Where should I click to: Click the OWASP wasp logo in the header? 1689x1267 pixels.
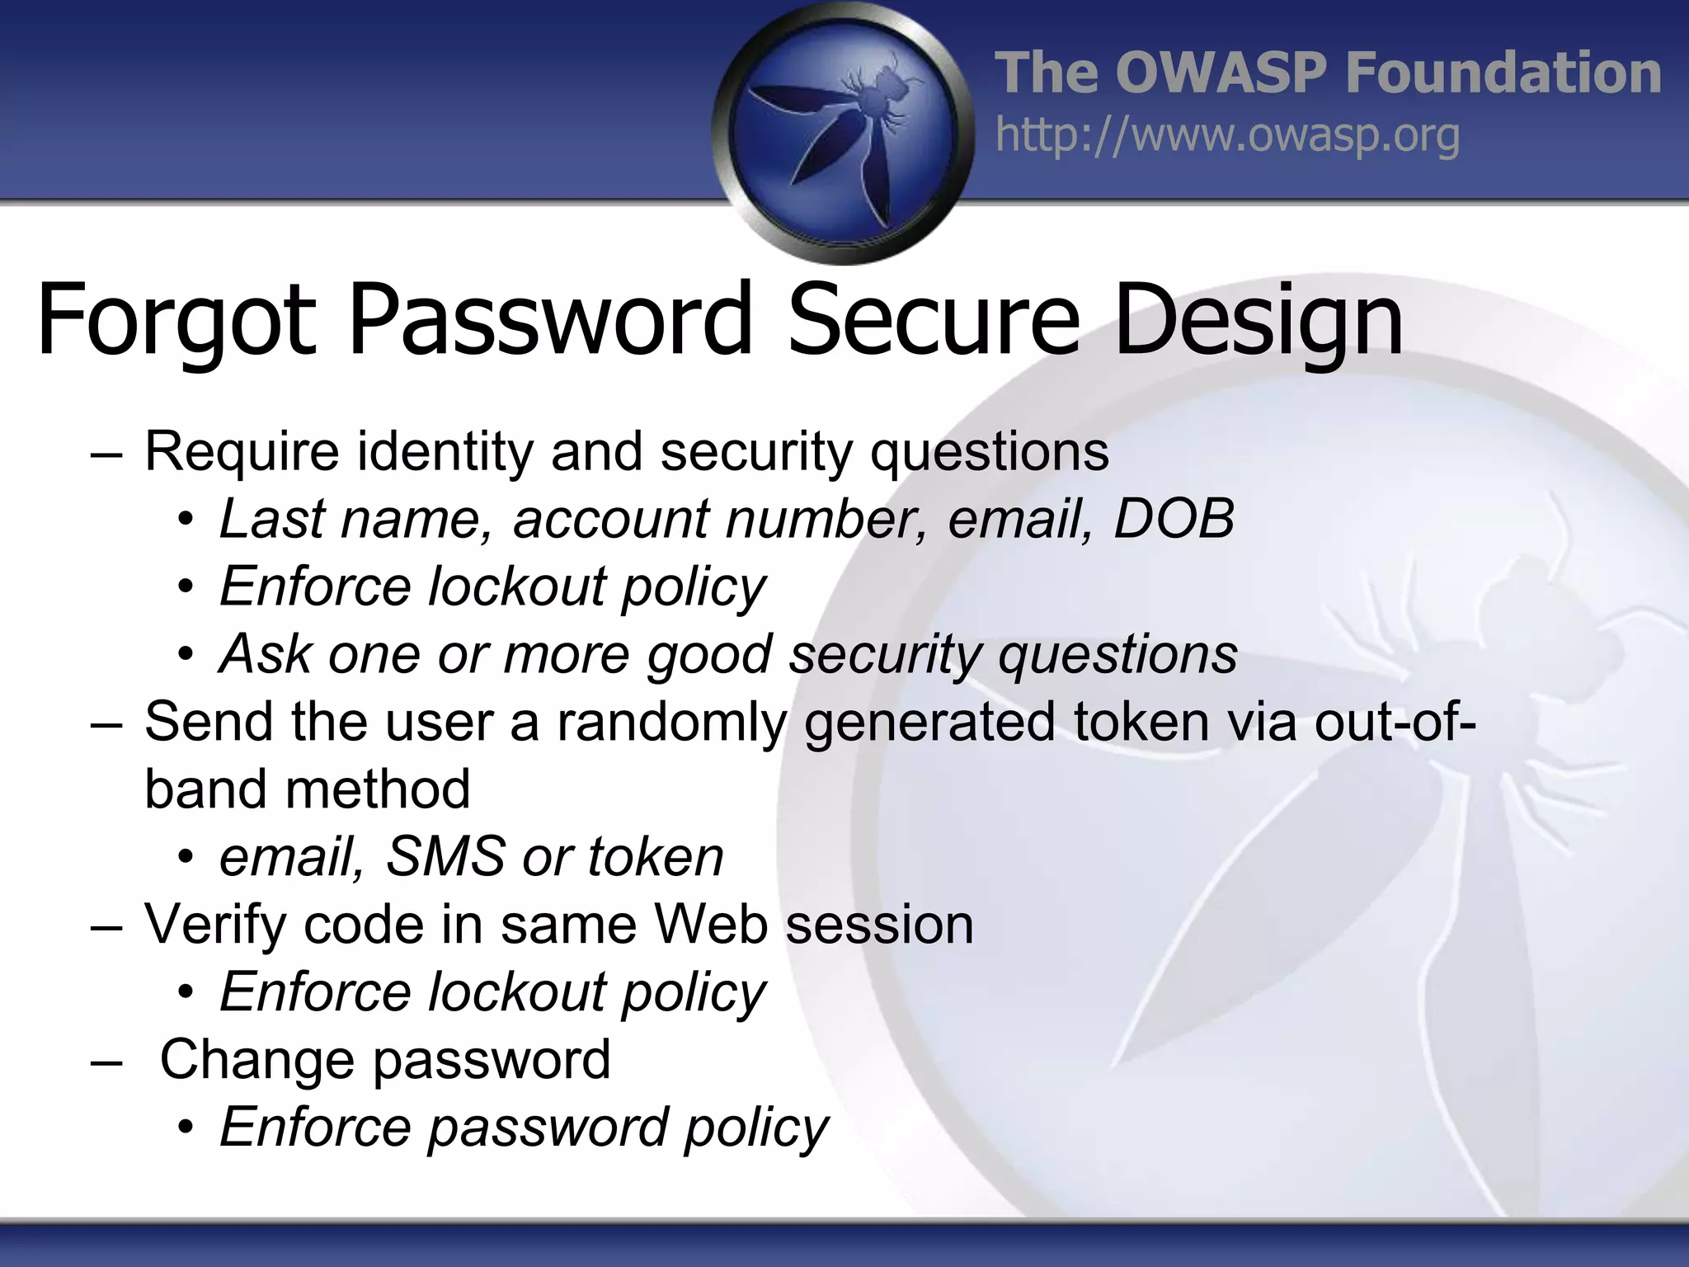pyautogui.click(x=843, y=132)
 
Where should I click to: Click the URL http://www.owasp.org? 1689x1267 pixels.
pyautogui.click(x=1227, y=136)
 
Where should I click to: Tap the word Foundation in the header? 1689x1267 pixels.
pyautogui.click(x=1503, y=73)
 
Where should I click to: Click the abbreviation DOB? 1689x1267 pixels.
pyautogui.click(x=1174, y=519)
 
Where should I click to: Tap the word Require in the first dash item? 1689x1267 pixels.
pyautogui.click(x=242, y=452)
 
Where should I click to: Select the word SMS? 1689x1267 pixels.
pyautogui.click(x=445, y=856)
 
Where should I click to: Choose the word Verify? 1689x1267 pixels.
pyautogui.click(x=216, y=925)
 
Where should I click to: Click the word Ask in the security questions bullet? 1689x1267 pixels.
pyautogui.click(x=265, y=654)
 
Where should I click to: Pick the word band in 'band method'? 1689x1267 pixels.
pyautogui.click(x=205, y=789)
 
